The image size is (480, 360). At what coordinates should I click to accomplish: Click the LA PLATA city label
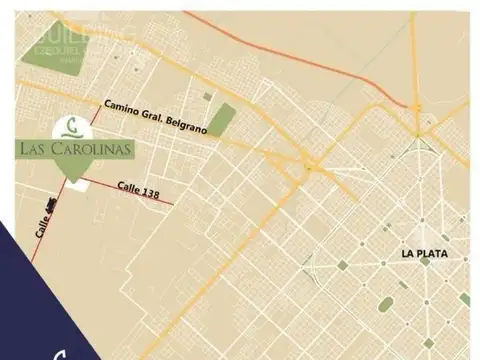coord(425,254)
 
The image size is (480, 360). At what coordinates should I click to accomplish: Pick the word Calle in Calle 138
coord(131,186)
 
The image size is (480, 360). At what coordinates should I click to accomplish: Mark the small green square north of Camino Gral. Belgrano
coord(207,96)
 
